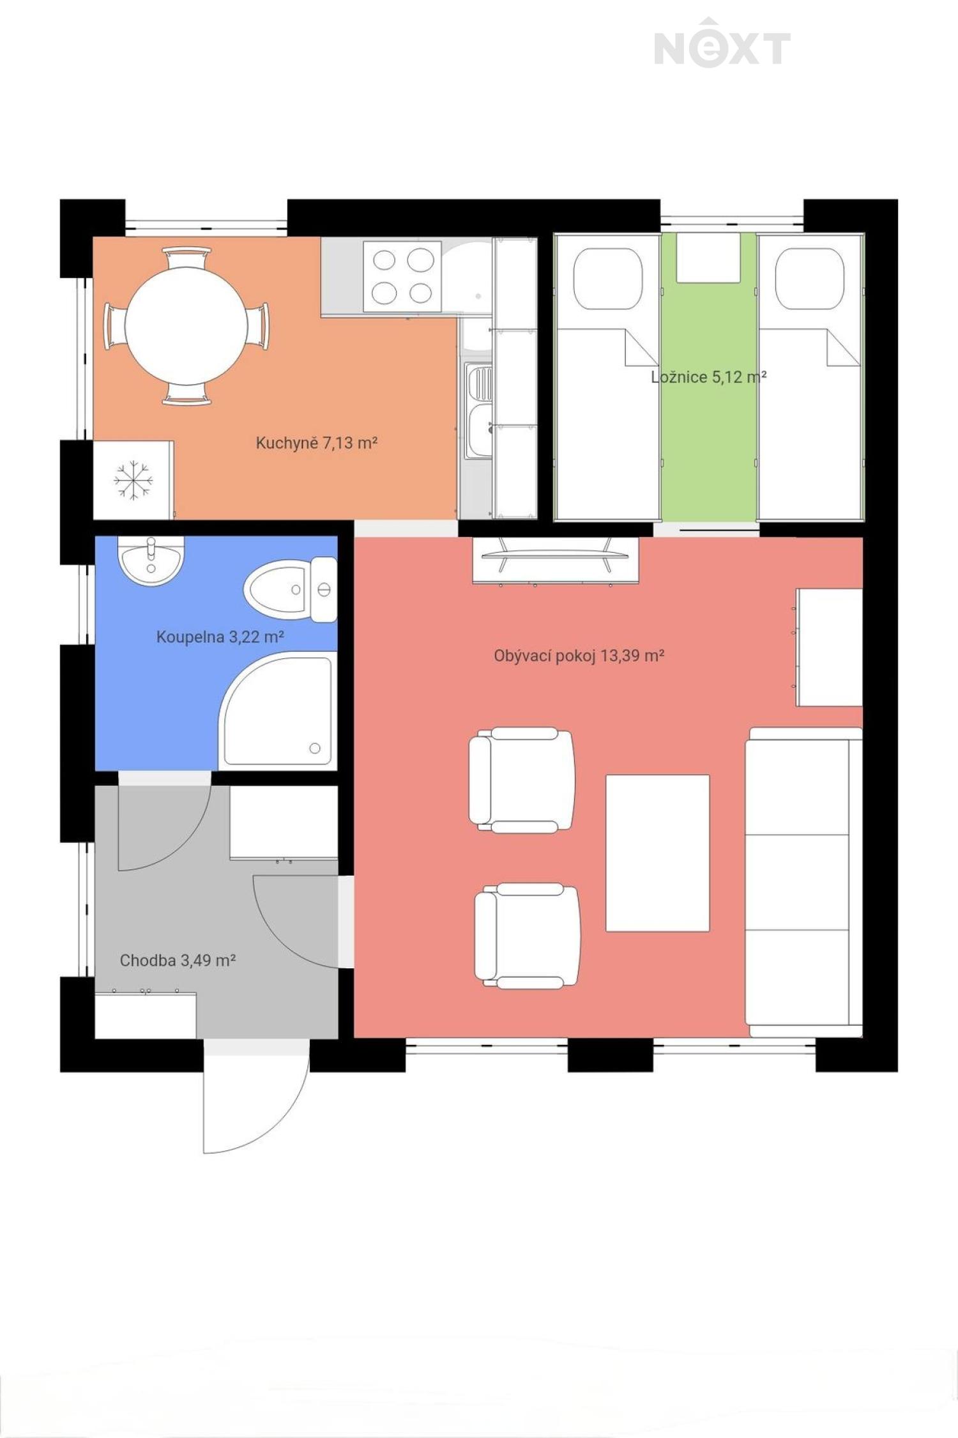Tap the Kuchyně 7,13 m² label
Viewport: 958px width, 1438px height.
[317, 442]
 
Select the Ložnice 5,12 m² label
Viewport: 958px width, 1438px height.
[708, 377]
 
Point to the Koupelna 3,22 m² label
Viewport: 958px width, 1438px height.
[220, 637]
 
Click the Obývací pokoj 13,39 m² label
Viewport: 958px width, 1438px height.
[579, 656]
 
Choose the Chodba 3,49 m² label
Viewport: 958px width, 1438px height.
[178, 960]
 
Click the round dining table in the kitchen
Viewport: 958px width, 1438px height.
[186, 326]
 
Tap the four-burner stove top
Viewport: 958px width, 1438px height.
[402, 276]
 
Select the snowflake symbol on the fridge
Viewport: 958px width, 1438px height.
[133, 480]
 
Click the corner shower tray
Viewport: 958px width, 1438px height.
[278, 711]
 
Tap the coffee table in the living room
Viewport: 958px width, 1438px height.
[657, 853]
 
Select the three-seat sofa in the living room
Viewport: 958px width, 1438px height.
[804, 882]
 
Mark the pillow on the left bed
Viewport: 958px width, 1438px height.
[607, 279]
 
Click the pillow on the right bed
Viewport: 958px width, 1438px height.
[810, 279]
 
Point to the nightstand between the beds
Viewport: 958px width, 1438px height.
[708, 258]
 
